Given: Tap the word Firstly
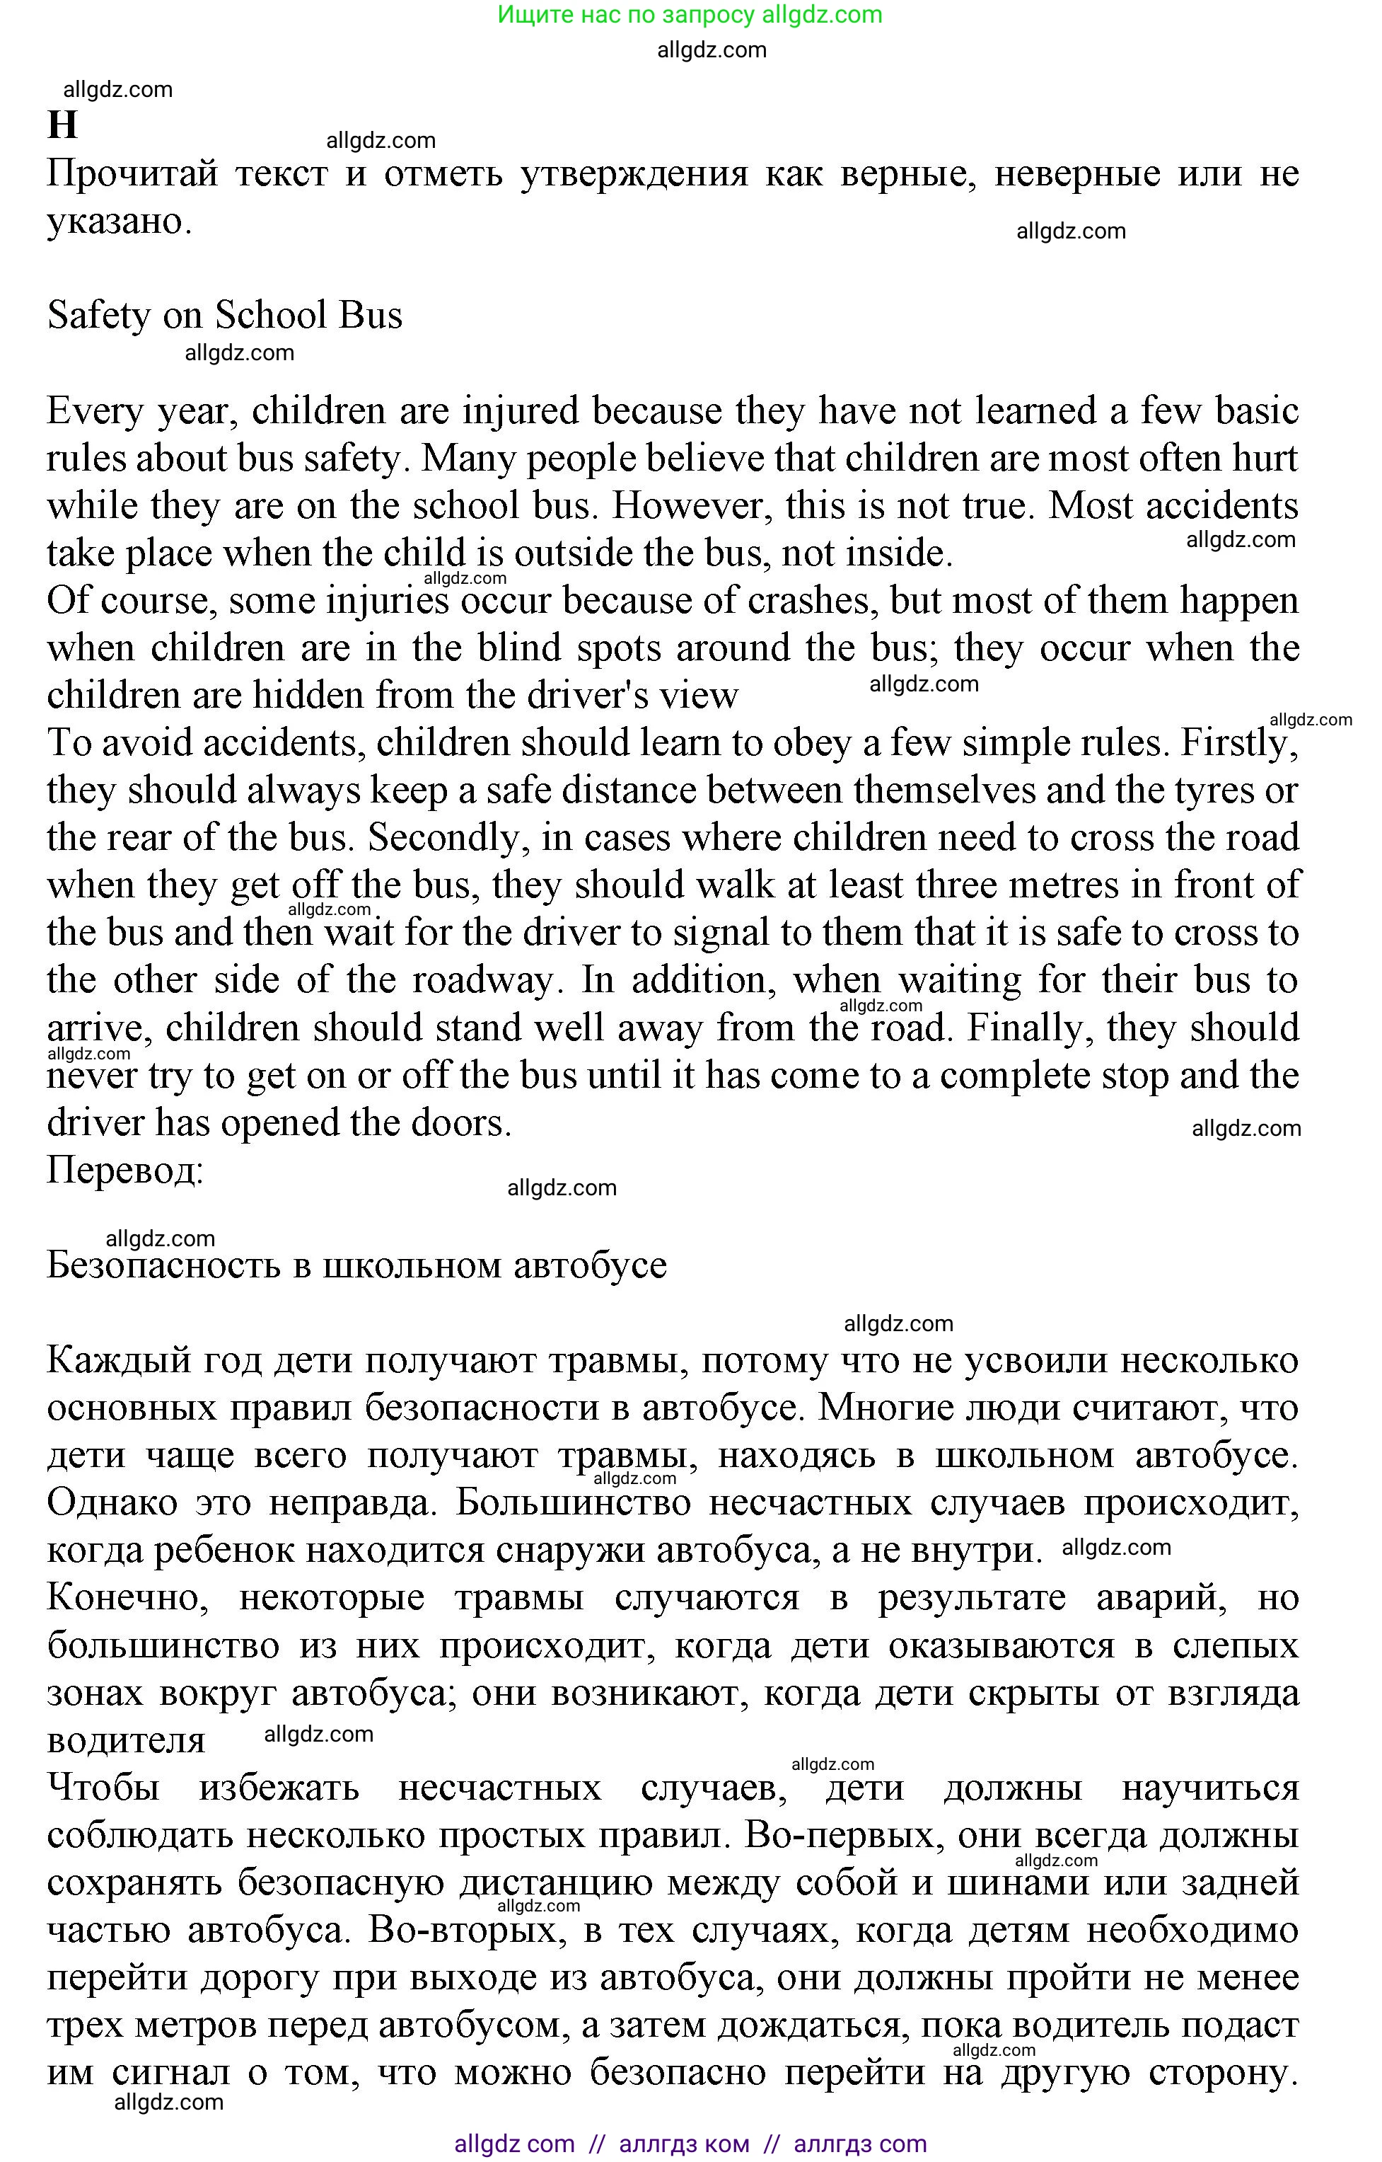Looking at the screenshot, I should [1238, 743].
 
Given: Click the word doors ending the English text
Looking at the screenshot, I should [458, 1123].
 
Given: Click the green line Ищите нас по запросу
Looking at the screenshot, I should [688, 14].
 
